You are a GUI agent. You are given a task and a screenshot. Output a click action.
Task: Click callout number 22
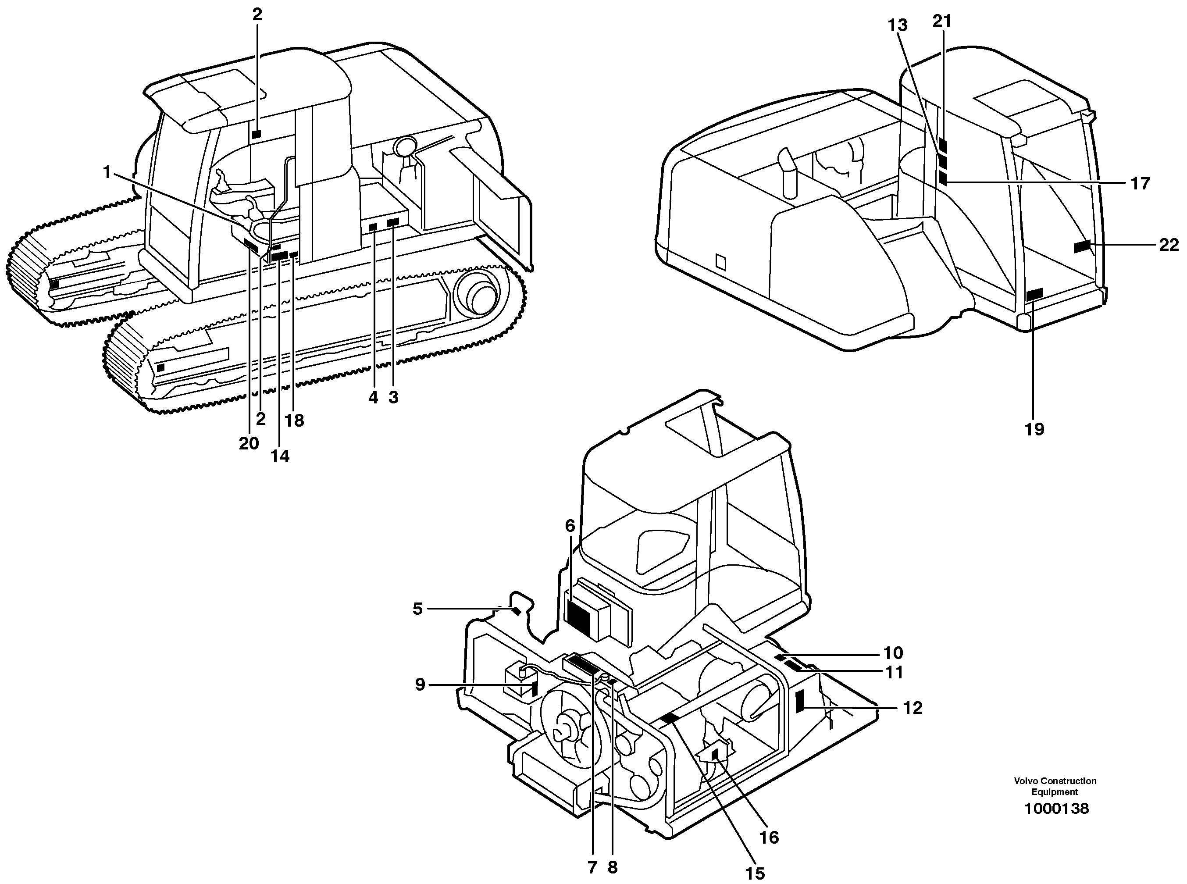[x=1169, y=245]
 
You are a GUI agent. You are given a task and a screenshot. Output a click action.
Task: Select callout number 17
[x=1140, y=184]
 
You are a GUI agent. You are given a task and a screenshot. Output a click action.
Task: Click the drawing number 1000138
[x=1056, y=809]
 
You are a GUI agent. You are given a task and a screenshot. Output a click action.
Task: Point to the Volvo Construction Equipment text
[x=1055, y=786]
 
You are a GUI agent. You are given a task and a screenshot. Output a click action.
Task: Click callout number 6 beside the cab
[x=570, y=526]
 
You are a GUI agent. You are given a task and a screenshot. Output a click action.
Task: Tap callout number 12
[x=913, y=708]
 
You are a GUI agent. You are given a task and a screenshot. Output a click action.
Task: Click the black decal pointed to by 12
[x=800, y=701]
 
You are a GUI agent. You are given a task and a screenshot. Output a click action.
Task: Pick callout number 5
[x=417, y=609]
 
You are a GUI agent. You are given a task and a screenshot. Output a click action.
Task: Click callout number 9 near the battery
[x=420, y=684]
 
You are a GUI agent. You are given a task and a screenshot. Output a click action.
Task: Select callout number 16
[x=769, y=837]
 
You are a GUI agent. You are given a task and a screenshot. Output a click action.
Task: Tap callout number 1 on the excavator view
[x=107, y=172]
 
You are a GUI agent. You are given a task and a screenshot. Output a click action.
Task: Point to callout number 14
[x=280, y=456]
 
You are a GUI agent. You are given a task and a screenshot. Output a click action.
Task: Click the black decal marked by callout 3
[x=393, y=221]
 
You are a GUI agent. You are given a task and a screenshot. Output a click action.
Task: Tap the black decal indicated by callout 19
[x=1034, y=294]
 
